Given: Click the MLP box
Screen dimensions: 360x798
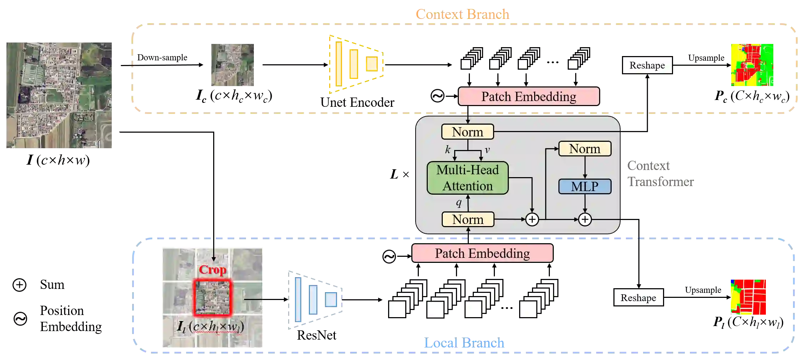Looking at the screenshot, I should coord(584,186).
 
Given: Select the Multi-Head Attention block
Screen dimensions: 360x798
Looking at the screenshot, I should coord(467,178).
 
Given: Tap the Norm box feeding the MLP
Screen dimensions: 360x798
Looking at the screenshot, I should coord(584,149).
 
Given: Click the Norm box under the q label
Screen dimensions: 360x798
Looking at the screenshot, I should coord(468,219).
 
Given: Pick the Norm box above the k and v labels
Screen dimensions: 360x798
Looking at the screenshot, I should coord(467,132).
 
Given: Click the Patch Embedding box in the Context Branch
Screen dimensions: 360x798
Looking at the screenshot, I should coord(528,96).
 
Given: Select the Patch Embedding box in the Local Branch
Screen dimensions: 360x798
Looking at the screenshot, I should coord(482,253).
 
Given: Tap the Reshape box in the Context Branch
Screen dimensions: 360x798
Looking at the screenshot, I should coord(647,65).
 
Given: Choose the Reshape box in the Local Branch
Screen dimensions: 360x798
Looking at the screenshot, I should coord(638,297).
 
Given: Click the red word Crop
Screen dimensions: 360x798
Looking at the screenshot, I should coord(212,270).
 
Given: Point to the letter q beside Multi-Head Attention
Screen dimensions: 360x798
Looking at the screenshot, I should coord(459,203).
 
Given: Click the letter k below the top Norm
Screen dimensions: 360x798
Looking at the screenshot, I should coord(448,149).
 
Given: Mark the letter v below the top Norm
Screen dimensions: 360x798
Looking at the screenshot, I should coord(487,150).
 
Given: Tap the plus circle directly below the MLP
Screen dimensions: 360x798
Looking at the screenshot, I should coord(584,219).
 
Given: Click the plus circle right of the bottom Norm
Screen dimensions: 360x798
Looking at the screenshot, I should coord(532,219).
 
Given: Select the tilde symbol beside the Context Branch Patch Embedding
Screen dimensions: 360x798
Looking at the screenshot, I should coord(437,96).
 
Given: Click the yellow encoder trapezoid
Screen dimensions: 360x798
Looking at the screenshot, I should coord(356,65).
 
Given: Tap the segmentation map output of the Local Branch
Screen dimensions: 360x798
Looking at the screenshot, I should coord(748,297).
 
